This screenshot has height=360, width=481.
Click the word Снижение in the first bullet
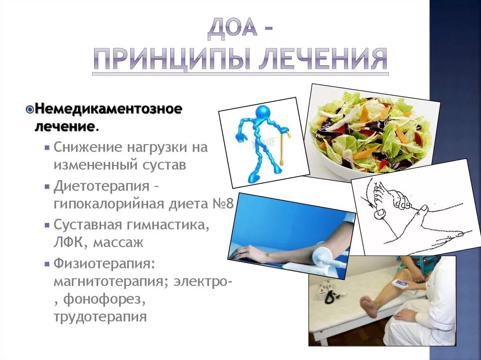88,147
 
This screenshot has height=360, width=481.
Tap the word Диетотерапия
101,186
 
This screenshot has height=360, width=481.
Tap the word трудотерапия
100,316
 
